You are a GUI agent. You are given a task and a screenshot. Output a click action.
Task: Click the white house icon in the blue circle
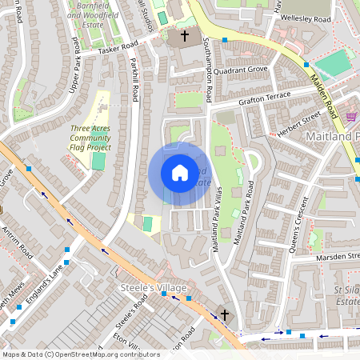(179, 173)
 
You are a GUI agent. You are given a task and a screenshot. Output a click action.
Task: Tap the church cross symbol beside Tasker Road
(185, 36)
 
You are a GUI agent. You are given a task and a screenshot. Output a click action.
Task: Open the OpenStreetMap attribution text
(81, 354)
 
